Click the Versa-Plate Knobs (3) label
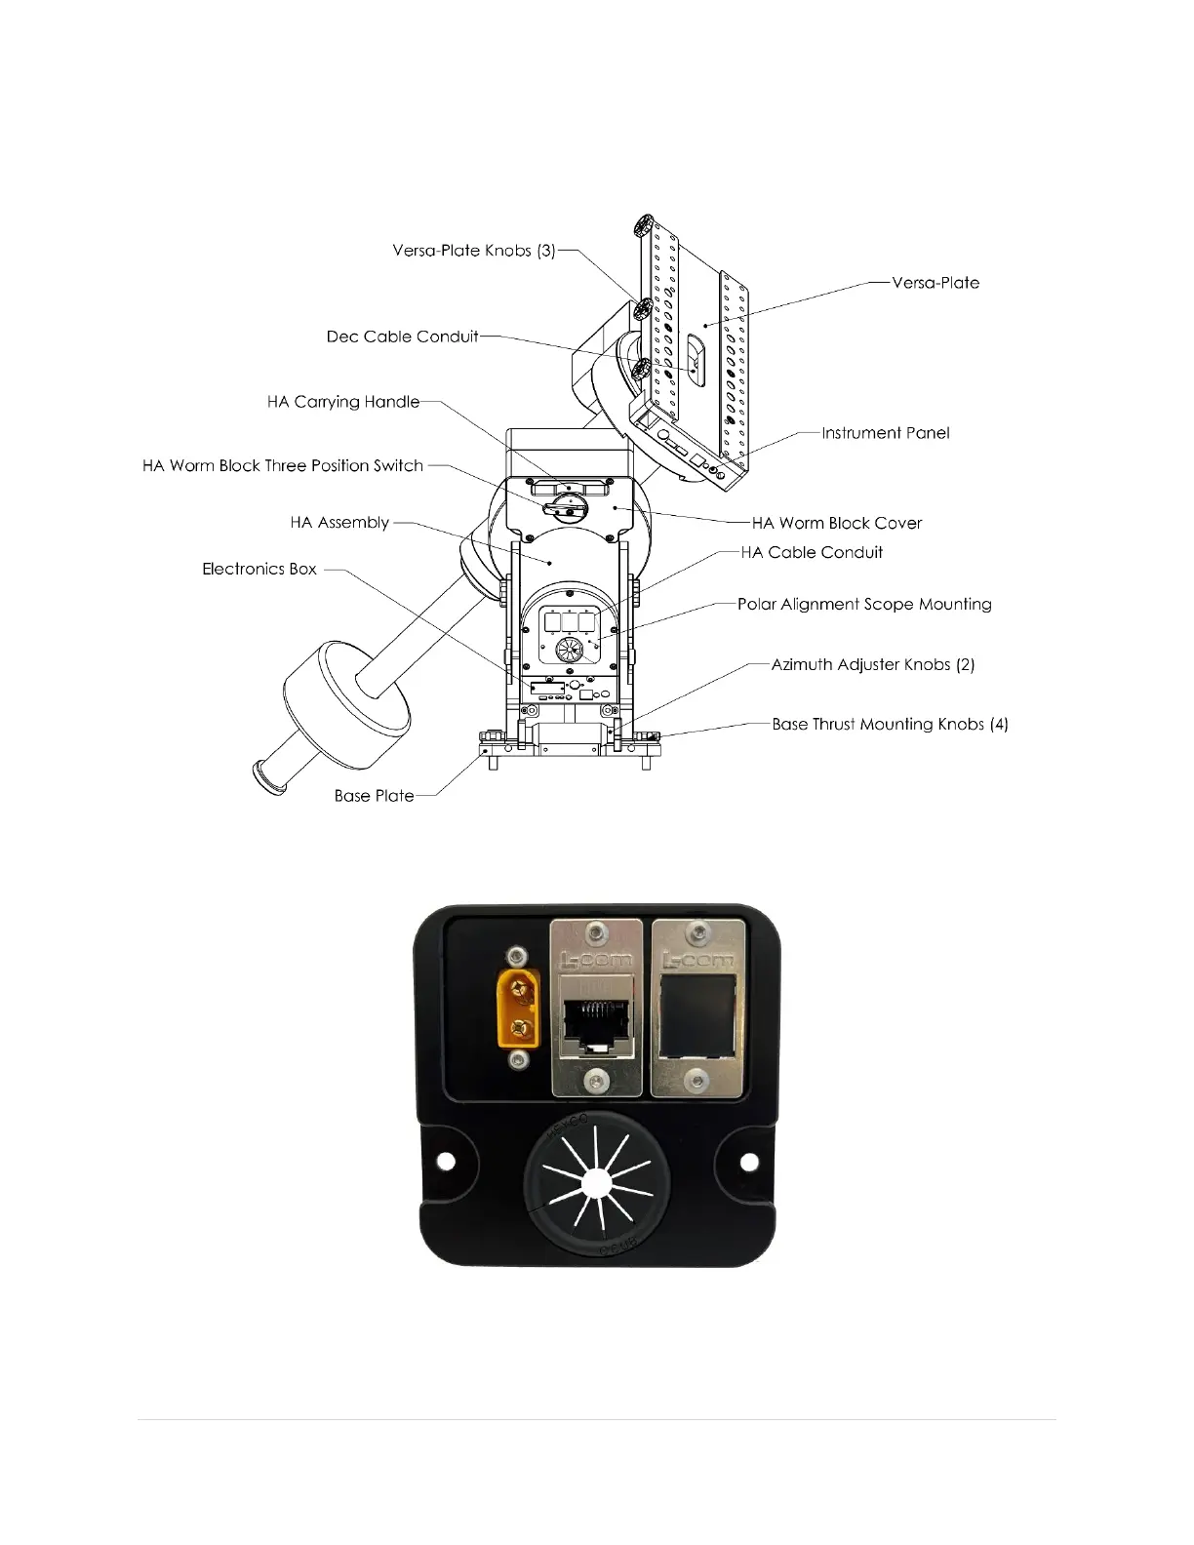[474, 251]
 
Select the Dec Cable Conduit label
[402, 337]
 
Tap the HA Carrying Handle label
[343, 402]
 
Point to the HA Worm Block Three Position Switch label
[283, 466]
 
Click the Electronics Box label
[259, 569]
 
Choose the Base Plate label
[374, 796]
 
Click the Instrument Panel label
[885, 433]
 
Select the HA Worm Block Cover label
[837, 523]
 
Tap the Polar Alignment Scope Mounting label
[864, 604]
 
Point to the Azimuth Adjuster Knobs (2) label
[873, 664]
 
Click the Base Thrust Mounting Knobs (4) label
[890, 724]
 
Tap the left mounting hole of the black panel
[446, 1161]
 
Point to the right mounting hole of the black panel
[749, 1161]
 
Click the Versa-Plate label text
[935, 283]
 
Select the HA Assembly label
[339, 523]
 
